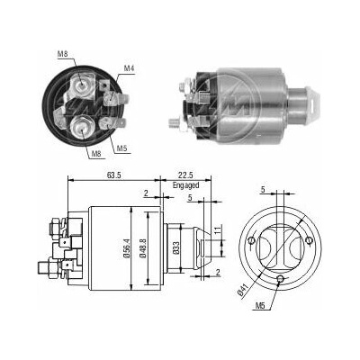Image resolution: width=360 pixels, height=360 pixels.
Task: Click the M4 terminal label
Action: pos(129,68)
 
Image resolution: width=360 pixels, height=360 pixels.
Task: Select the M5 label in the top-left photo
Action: pos(121,148)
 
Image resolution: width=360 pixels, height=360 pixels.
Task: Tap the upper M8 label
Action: pos(62,54)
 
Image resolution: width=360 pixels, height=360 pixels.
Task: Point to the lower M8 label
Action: pos(96,154)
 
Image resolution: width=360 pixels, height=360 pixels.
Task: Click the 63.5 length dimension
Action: pos(114,175)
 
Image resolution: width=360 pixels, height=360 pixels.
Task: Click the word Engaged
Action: pos(185,185)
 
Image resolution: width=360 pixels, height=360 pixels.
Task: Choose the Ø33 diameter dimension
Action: pos(176,248)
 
